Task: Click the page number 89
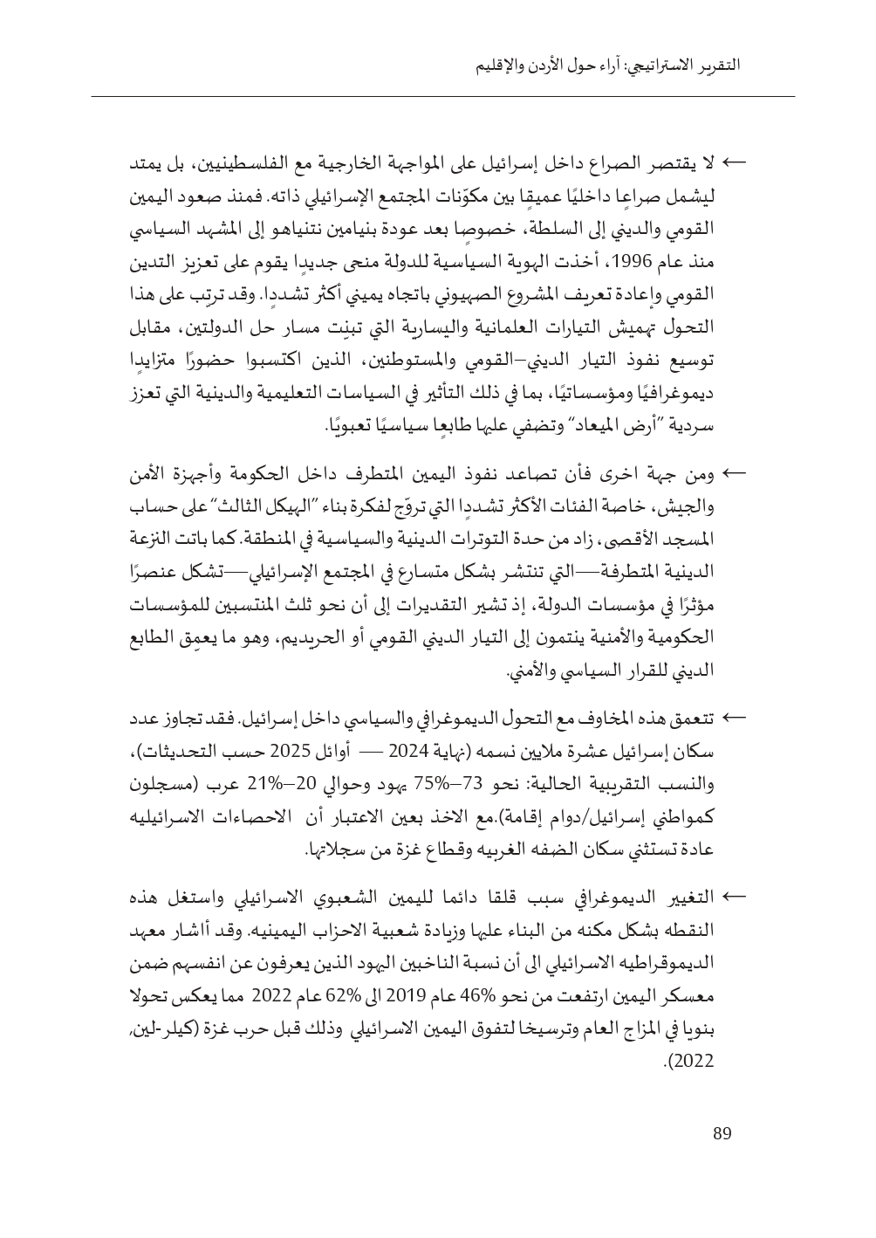coord(722,1134)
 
